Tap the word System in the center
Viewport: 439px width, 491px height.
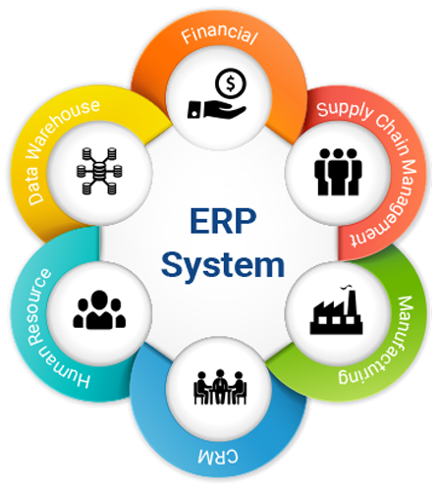(x=223, y=264)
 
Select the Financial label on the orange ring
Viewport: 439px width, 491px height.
(x=220, y=35)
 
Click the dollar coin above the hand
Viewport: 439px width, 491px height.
(x=231, y=83)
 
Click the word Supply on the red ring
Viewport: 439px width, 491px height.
(x=345, y=111)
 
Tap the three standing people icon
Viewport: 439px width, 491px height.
(x=338, y=172)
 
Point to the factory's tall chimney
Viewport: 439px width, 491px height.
(x=353, y=301)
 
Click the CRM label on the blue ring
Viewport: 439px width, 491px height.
(x=218, y=456)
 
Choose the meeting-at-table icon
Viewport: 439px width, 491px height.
(x=220, y=387)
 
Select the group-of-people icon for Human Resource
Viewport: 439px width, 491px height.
(x=99, y=309)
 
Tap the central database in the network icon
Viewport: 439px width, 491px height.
(x=99, y=171)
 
